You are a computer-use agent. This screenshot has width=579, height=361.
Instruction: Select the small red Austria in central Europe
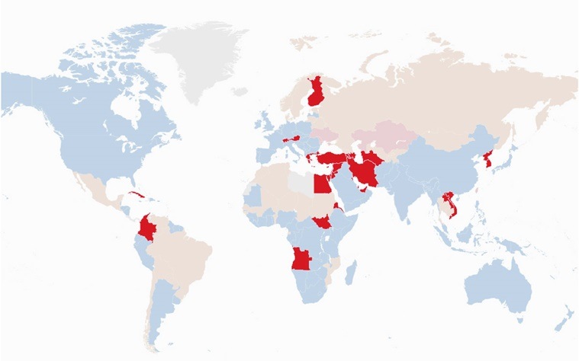point(291,139)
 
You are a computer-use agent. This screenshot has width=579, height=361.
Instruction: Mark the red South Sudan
point(323,222)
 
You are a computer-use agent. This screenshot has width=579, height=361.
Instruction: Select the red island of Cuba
point(140,196)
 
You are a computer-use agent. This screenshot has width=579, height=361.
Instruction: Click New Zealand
point(563,319)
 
